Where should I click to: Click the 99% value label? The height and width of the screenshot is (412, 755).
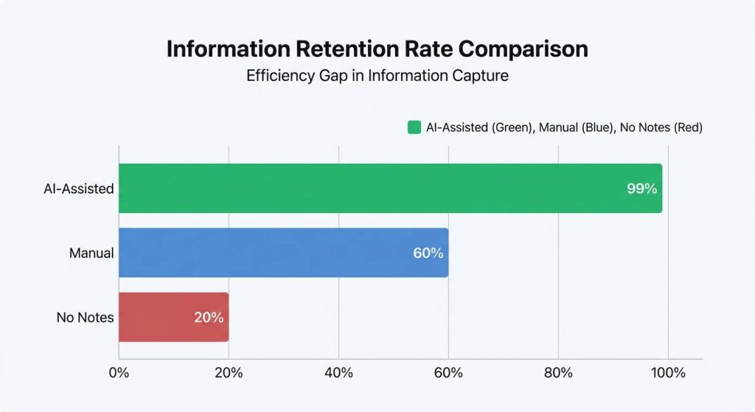tap(641, 189)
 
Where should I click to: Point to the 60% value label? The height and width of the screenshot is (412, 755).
tap(428, 253)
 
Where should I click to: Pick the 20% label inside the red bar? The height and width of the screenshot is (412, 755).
tap(209, 318)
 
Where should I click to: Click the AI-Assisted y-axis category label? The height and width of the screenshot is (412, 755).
tap(78, 189)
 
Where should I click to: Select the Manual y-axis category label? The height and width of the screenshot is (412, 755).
tap(91, 253)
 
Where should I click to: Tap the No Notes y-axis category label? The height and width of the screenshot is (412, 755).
tap(85, 318)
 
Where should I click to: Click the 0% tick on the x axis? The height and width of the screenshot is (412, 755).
tap(119, 373)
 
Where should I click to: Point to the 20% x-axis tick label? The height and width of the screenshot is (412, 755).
tap(229, 373)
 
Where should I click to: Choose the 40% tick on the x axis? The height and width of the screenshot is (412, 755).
tap(338, 373)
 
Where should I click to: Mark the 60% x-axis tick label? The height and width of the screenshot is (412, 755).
tap(448, 373)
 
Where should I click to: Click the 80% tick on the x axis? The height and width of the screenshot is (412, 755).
tap(558, 373)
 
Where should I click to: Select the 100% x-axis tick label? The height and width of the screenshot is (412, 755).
tap(668, 373)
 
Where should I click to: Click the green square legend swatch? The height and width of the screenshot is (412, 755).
tap(414, 128)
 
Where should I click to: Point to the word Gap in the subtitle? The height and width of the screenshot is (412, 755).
tap(331, 76)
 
